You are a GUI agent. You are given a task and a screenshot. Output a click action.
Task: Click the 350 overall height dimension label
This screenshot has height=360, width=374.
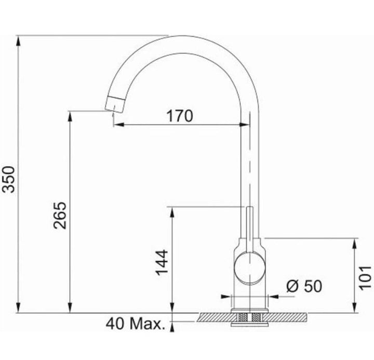[9, 180]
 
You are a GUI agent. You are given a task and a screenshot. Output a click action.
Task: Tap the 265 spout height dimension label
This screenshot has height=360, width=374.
[60, 216]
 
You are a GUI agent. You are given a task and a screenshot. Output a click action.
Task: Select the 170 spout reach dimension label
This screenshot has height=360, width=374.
[180, 116]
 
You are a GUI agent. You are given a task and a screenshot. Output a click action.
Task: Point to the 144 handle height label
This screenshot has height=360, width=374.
[162, 262]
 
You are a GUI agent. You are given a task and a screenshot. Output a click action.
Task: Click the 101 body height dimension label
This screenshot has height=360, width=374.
[365, 278]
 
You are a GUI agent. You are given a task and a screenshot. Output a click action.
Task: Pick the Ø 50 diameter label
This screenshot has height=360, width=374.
[304, 286]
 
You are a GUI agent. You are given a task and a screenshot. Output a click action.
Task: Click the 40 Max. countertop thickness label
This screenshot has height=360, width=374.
[136, 324]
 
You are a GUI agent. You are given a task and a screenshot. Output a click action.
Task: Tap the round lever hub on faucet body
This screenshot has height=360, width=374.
[250, 268]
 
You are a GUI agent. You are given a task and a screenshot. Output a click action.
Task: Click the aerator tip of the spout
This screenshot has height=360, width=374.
[115, 104]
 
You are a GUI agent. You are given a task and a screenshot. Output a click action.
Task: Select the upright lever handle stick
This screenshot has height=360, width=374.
[250, 229]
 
